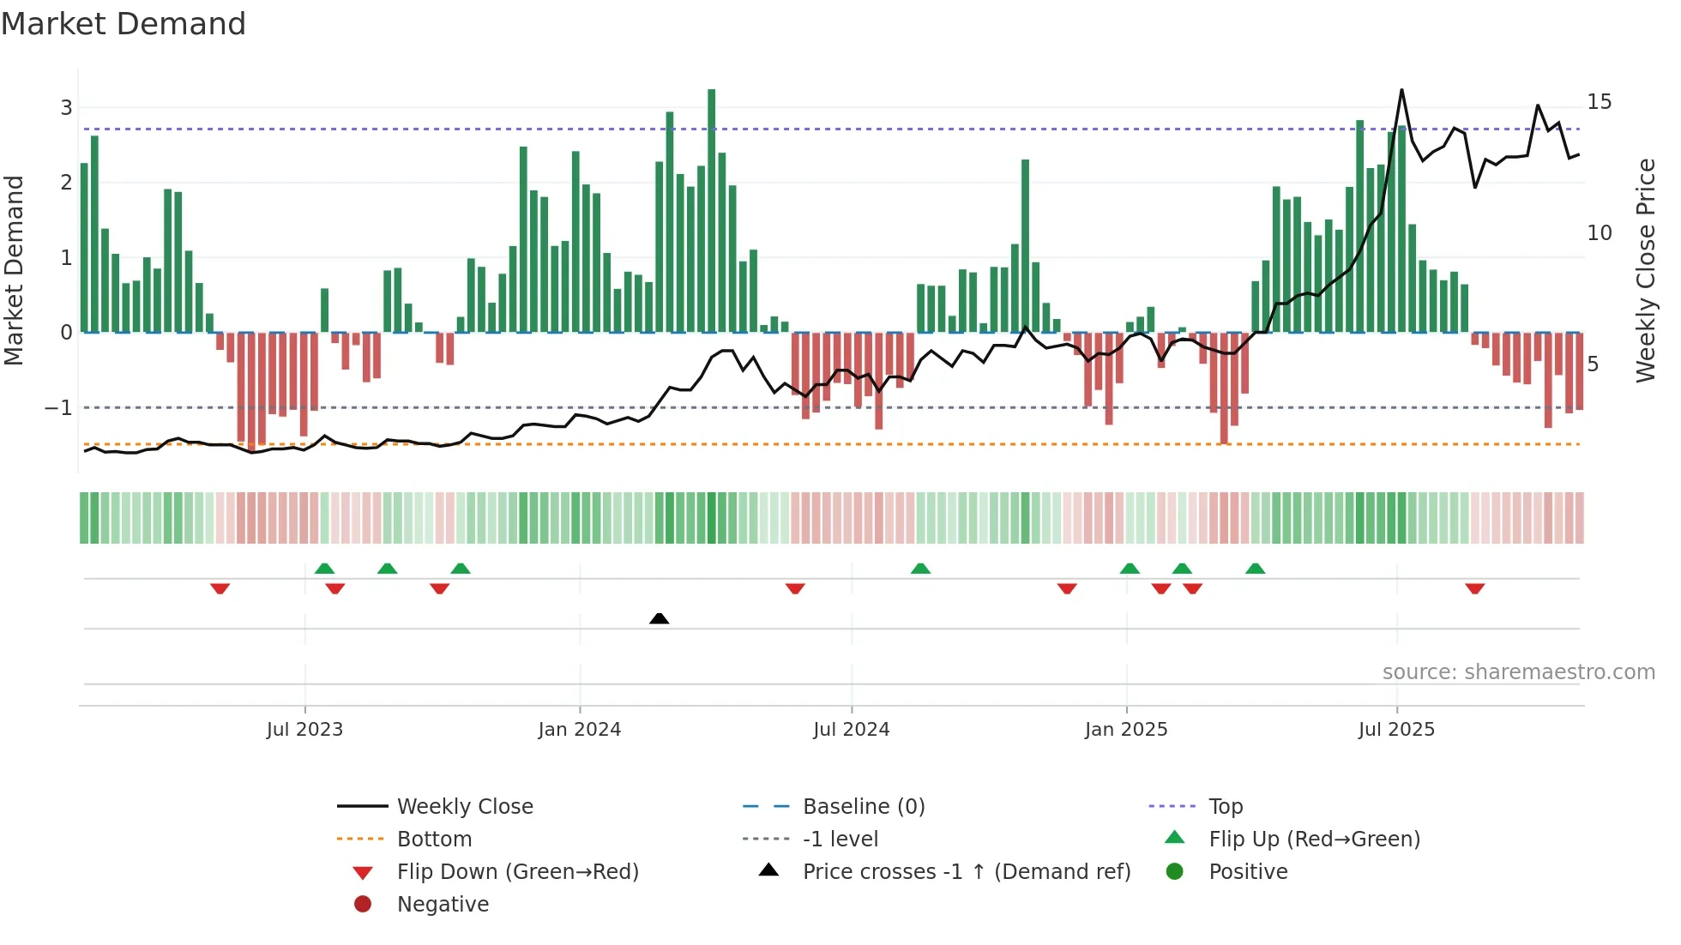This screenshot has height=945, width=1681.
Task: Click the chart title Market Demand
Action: pyautogui.click(x=124, y=24)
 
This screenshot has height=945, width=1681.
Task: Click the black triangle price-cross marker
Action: pyautogui.click(x=659, y=618)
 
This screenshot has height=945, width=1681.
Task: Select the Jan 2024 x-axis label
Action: pyautogui.click(x=579, y=730)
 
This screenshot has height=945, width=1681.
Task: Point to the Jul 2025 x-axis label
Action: pyautogui.click(x=1395, y=730)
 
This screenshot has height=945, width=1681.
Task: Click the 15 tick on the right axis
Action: pyautogui.click(x=1599, y=102)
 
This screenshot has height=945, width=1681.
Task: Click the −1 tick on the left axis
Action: pyautogui.click(x=58, y=408)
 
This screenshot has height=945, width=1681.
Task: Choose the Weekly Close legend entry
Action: pyautogui.click(x=464, y=807)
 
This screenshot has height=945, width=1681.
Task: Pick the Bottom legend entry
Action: pyautogui.click(x=434, y=840)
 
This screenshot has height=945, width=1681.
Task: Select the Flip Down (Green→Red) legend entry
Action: pyautogui.click(x=517, y=872)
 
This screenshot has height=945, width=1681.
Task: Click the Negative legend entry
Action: pyautogui.click(x=443, y=905)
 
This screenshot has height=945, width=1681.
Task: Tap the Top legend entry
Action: pyautogui.click(x=1226, y=807)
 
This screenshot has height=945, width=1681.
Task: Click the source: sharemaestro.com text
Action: pyautogui.click(x=1518, y=672)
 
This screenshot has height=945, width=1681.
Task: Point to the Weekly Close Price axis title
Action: pyautogui.click(x=1645, y=270)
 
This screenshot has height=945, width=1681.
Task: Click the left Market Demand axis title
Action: pyautogui.click(x=14, y=270)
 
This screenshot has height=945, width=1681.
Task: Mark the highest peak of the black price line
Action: pyautogui.click(x=1401, y=90)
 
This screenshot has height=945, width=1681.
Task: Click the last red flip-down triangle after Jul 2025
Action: pyautogui.click(x=1474, y=588)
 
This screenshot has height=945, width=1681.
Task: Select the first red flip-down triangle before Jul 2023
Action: pyautogui.click(x=220, y=588)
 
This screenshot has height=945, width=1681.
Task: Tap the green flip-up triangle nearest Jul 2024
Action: pyautogui.click(x=920, y=569)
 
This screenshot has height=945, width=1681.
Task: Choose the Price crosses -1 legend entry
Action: pyautogui.click(x=966, y=872)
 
